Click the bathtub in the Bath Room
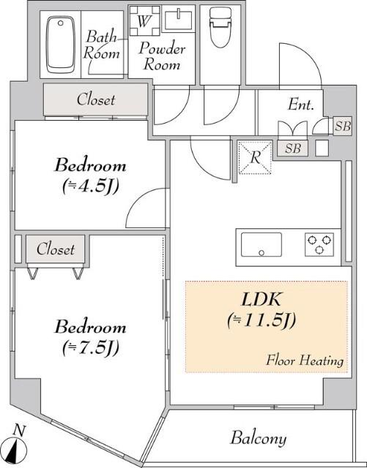[x=61, y=45]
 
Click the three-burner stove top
[x=319, y=244]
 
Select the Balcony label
[x=258, y=439]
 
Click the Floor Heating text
[x=305, y=360]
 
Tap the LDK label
[x=263, y=301]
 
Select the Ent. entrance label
[x=300, y=104]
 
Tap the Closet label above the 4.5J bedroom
[x=96, y=99]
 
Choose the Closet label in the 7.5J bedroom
[x=56, y=249]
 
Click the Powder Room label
[x=163, y=56]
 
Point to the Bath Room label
[x=102, y=44]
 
